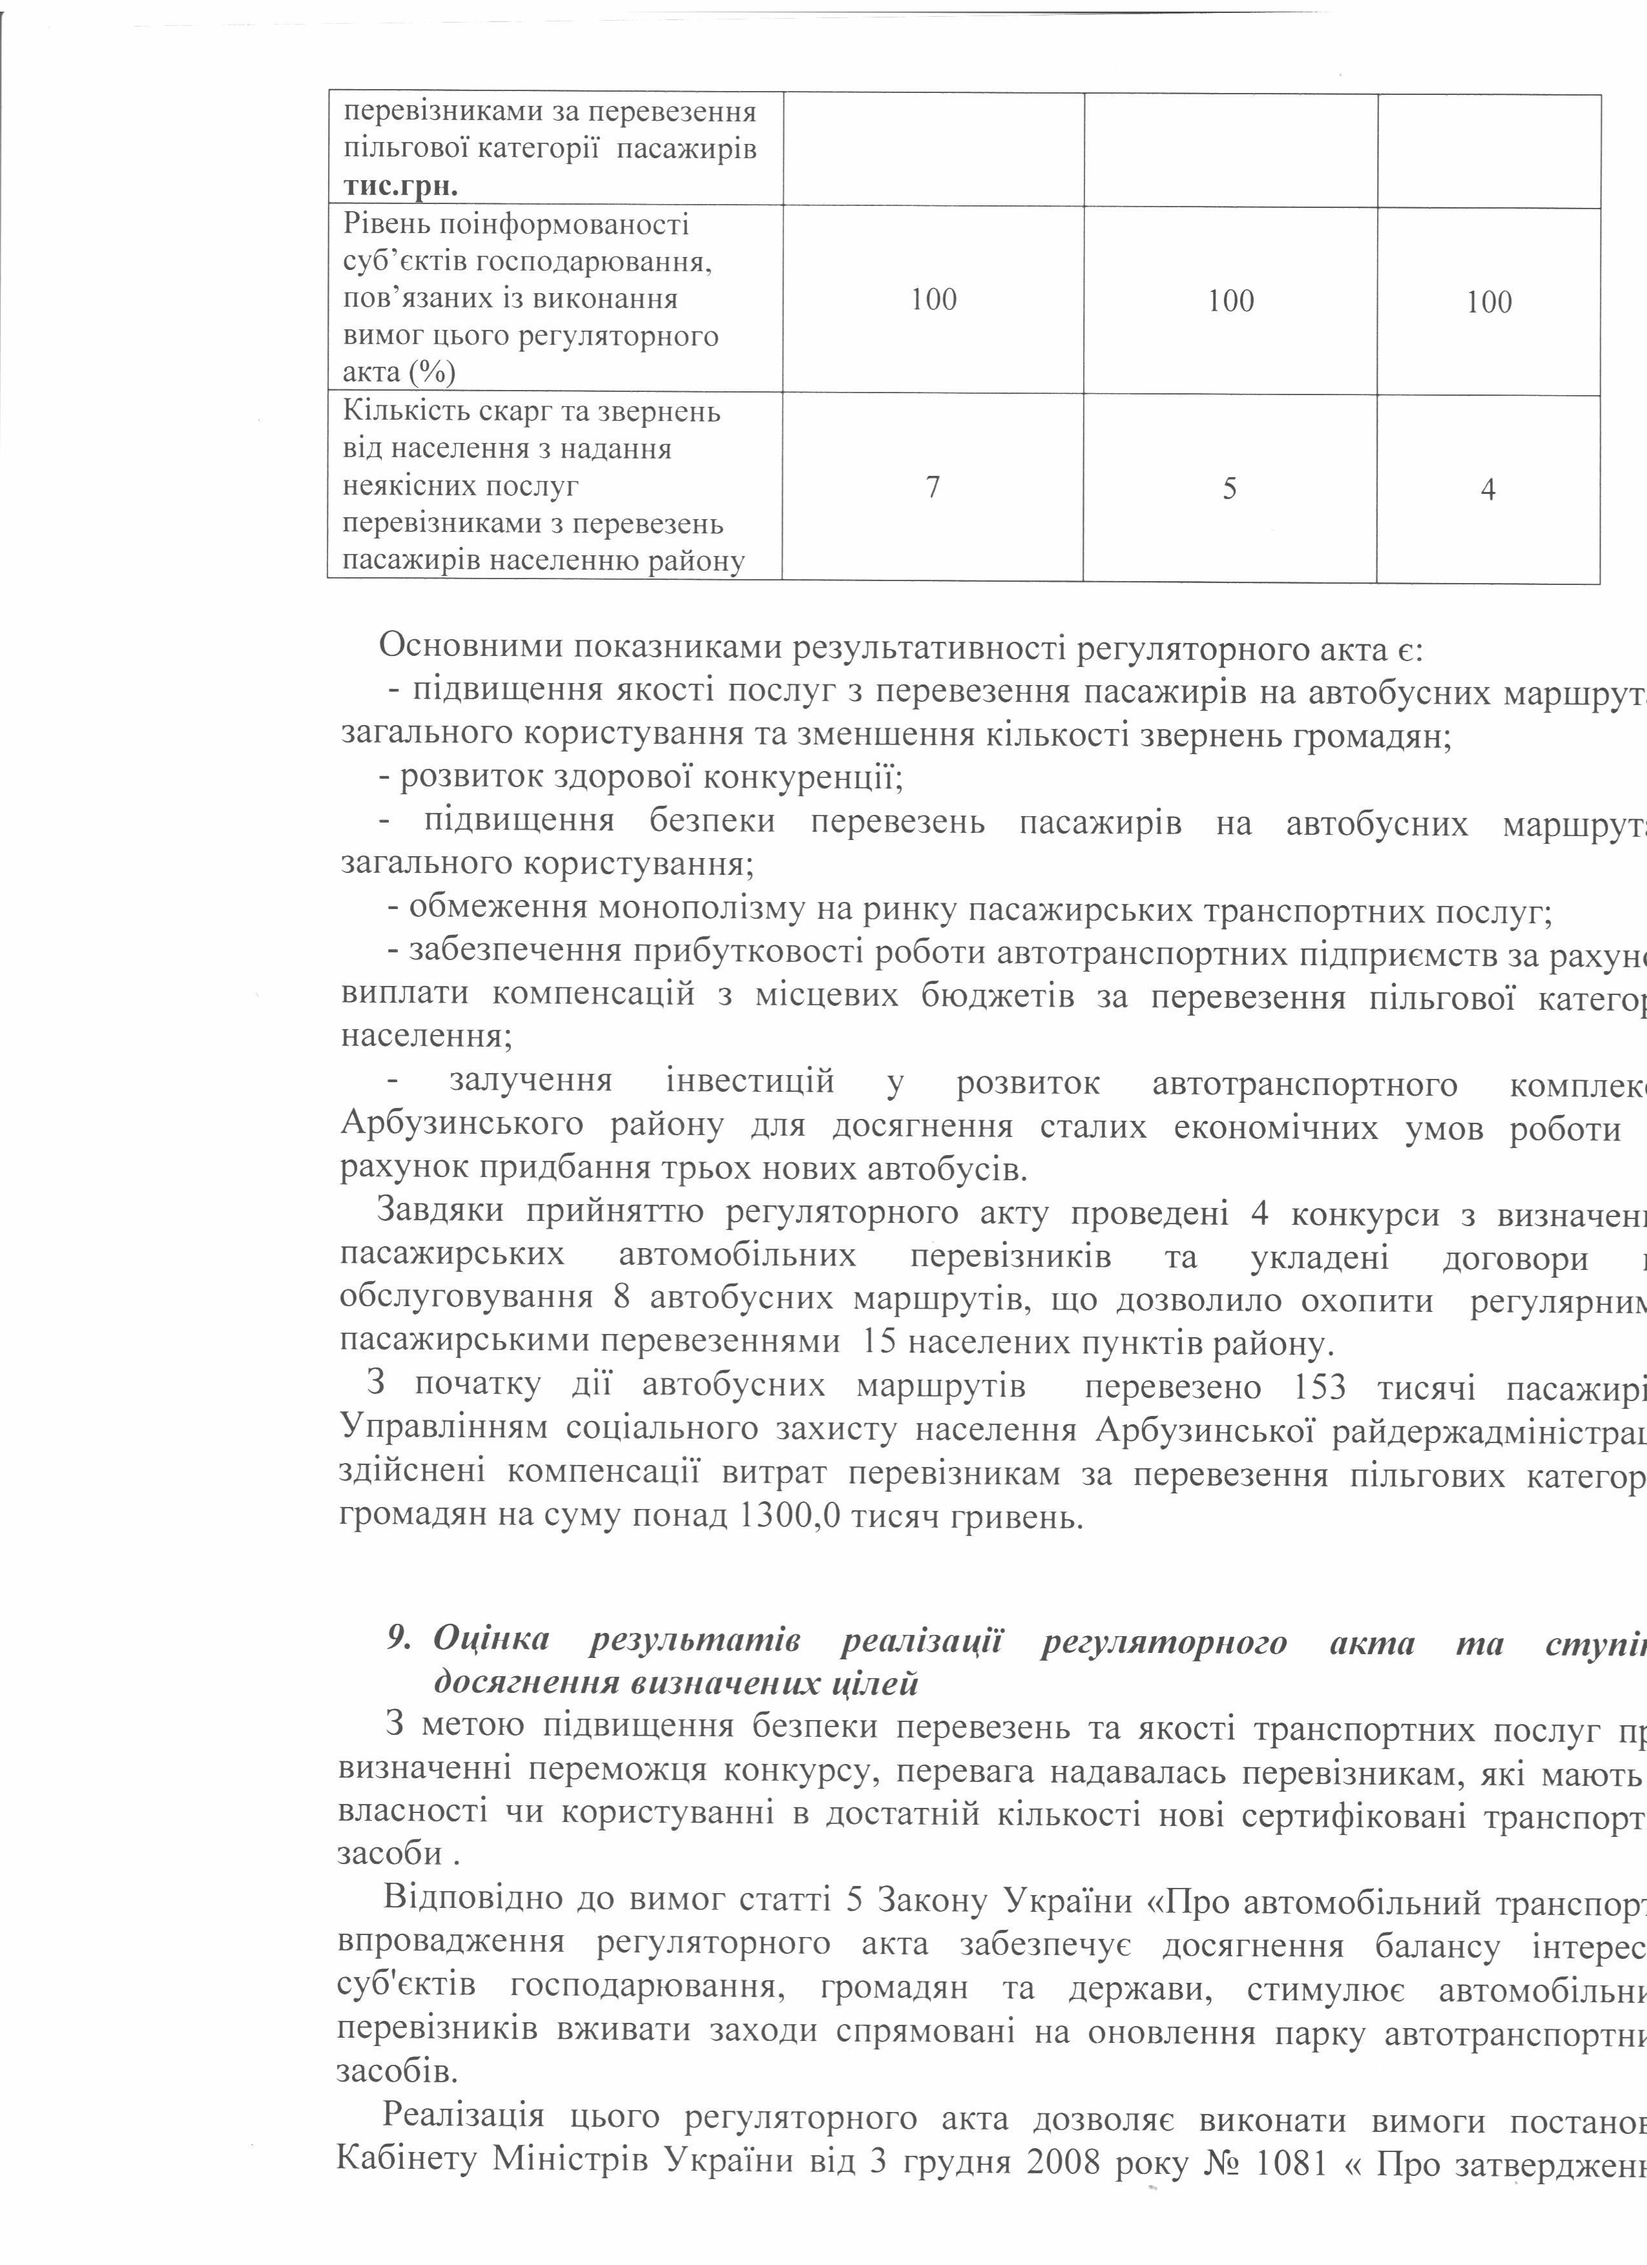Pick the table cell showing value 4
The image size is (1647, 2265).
(x=1488, y=490)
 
